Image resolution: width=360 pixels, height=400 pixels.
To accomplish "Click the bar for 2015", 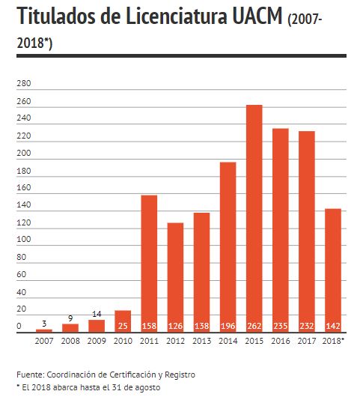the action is (x=254, y=219).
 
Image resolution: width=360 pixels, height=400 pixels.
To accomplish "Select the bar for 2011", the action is (x=149, y=264).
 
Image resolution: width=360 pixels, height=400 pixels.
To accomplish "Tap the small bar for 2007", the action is (x=44, y=331).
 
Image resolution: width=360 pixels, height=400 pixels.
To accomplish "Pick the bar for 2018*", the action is (x=333, y=270).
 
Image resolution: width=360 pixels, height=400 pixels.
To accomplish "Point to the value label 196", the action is (x=228, y=326).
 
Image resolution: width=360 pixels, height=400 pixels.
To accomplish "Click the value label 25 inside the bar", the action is (x=123, y=326).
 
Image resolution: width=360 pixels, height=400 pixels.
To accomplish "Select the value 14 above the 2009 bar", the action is (x=97, y=314).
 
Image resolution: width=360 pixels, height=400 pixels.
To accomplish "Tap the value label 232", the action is (x=307, y=326).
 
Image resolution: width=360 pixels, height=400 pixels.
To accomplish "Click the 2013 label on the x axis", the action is (x=201, y=341).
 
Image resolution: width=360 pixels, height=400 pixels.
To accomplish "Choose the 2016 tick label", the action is (x=281, y=341).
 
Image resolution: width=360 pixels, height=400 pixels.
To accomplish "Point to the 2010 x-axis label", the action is (x=123, y=341).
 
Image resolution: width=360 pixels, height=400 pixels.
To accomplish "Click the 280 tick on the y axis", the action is (x=24, y=83).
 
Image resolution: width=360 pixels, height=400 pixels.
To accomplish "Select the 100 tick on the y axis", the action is (x=24, y=239).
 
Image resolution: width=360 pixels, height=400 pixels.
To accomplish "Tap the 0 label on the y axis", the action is (x=19, y=326).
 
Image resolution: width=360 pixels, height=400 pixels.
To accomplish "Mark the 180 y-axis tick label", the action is (x=24, y=171).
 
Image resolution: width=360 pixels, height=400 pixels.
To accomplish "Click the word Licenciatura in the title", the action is (x=176, y=16).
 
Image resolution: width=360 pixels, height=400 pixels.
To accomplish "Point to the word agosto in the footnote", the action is (x=147, y=388).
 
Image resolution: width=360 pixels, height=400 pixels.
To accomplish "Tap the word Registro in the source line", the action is (x=180, y=375).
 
